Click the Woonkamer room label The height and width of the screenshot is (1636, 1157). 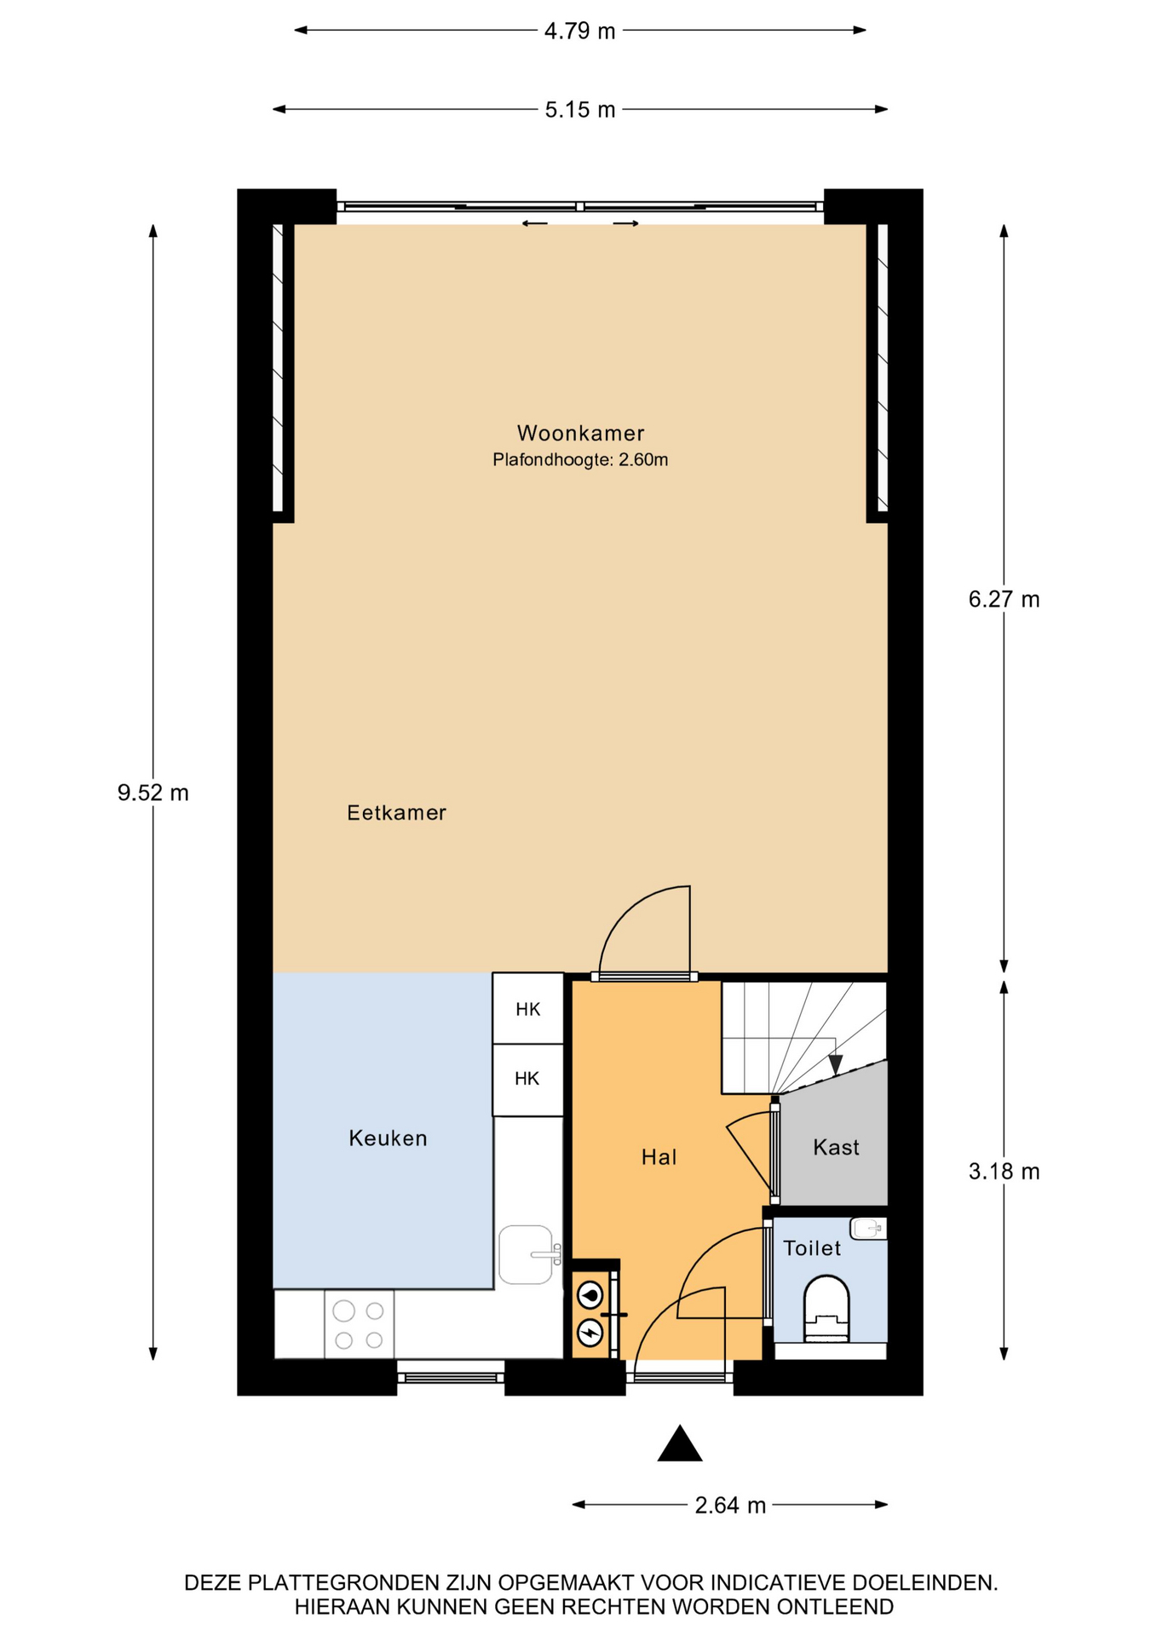pos(580,434)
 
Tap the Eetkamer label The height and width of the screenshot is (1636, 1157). pos(396,813)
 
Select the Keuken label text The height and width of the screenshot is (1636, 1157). pos(388,1138)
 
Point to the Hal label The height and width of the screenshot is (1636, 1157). pos(659,1157)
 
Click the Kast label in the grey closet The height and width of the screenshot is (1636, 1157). pos(836,1148)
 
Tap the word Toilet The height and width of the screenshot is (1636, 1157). pos(812,1248)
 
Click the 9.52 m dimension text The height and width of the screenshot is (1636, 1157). pos(153,793)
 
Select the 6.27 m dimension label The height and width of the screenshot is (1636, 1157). pos(1004,600)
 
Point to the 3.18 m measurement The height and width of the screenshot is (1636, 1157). pos(1004,1172)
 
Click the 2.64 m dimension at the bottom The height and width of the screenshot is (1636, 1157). pos(730,1506)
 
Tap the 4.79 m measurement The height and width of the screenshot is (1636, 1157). pos(579,32)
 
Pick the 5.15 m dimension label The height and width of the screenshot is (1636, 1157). pos(580,110)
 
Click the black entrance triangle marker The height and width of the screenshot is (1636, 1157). pos(680,1443)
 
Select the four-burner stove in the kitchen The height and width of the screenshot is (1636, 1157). pos(359,1325)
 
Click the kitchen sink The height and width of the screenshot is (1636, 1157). pos(527,1254)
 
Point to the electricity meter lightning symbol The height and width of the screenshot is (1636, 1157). pos(590,1331)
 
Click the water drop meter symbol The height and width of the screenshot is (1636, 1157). pos(590,1295)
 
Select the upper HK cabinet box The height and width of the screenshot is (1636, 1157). pos(528,1009)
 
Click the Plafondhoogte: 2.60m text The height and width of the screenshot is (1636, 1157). pos(580,460)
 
